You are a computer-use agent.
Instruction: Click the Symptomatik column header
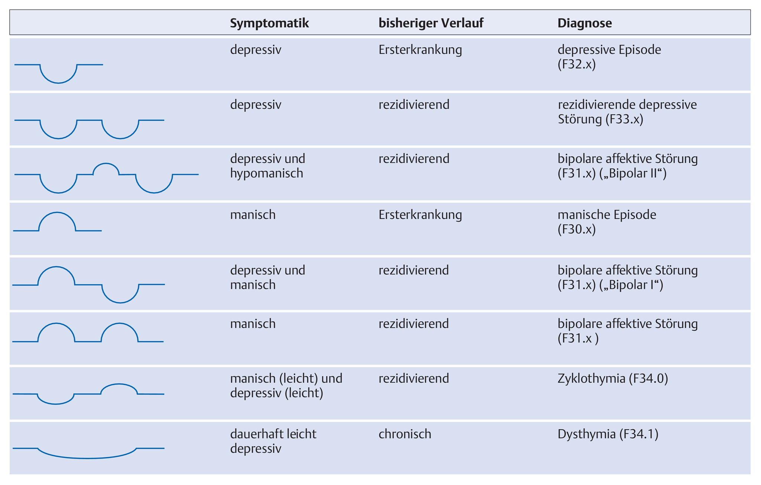(x=269, y=23)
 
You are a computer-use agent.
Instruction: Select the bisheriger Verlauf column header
(x=431, y=23)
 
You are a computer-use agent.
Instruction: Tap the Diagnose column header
(x=584, y=23)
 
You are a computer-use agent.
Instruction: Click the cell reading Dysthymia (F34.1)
(x=608, y=434)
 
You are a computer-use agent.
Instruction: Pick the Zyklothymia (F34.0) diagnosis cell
(x=613, y=379)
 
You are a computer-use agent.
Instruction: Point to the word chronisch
(x=405, y=434)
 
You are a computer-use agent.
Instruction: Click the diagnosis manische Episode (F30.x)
(x=607, y=222)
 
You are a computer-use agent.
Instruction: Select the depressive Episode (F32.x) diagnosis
(x=609, y=57)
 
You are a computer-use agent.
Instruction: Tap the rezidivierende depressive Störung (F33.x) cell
(x=627, y=112)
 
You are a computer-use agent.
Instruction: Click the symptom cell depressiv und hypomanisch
(x=268, y=166)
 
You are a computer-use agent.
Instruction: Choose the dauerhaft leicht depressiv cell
(x=273, y=441)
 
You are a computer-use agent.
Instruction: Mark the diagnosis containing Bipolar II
(x=628, y=166)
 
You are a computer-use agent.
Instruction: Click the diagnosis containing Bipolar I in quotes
(x=628, y=277)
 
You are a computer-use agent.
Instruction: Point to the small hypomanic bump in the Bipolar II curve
(x=106, y=163)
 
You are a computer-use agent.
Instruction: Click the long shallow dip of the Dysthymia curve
(x=87, y=458)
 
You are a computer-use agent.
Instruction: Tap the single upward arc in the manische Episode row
(x=57, y=212)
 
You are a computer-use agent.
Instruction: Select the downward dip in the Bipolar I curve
(x=120, y=302)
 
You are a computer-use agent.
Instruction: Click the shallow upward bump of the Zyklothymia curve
(x=119, y=384)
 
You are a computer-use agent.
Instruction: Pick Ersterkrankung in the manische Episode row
(x=420, y=215)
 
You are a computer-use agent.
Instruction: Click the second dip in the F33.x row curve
(x=120, y=138)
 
